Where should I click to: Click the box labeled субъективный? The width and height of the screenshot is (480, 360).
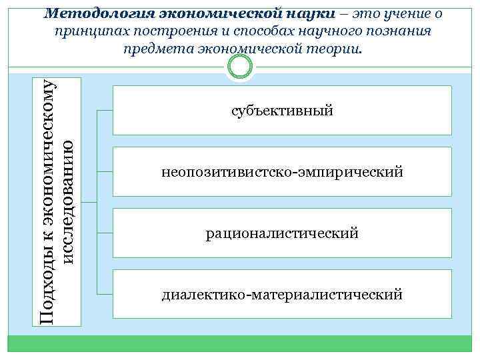point(282,110)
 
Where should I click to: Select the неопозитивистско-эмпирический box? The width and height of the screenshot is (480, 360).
point(282,172)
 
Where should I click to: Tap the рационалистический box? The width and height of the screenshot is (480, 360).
point(282,233)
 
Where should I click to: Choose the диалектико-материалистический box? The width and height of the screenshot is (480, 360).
point(282,294)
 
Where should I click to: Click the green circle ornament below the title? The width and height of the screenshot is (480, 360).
point(239,67)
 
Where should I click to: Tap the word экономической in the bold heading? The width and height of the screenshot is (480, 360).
point(217,13)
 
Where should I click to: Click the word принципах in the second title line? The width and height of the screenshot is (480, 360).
point(85,31)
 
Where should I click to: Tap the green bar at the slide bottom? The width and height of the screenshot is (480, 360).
point(239,343)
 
